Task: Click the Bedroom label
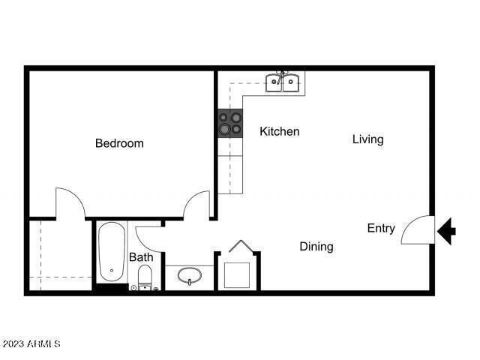point(119,143)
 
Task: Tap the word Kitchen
point(279,132)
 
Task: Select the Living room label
point(367,139)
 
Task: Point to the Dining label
point(316,246)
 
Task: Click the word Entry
point(381,229)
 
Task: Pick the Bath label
point(141,257)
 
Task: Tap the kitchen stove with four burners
point(231,123)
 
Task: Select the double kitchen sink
point(282,82)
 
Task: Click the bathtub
point(112,252)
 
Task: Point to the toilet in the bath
point(145,277)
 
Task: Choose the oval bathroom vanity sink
point(190,276)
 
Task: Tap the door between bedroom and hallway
point(198,204)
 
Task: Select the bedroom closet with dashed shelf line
point(60,255)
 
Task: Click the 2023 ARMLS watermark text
point(31,344)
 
